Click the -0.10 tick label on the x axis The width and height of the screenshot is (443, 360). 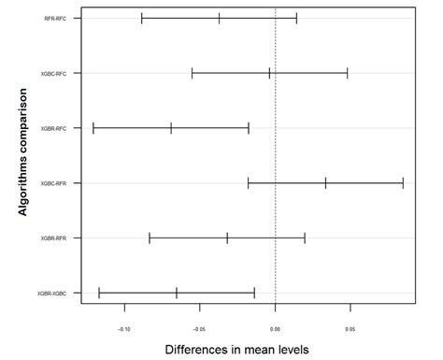123,329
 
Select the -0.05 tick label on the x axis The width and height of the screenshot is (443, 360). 199,329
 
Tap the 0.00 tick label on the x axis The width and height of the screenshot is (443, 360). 275,329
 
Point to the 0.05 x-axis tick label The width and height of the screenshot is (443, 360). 350,329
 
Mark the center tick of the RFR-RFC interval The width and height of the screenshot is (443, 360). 219,18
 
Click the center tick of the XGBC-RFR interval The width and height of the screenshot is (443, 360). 325,183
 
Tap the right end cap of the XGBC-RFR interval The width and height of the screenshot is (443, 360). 403,183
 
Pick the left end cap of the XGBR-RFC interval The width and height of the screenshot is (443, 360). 93,128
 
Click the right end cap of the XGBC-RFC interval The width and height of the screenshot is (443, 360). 348,73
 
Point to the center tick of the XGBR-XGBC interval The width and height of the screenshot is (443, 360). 176,294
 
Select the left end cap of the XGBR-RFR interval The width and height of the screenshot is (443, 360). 150,238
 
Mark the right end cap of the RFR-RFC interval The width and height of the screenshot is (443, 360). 296,18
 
